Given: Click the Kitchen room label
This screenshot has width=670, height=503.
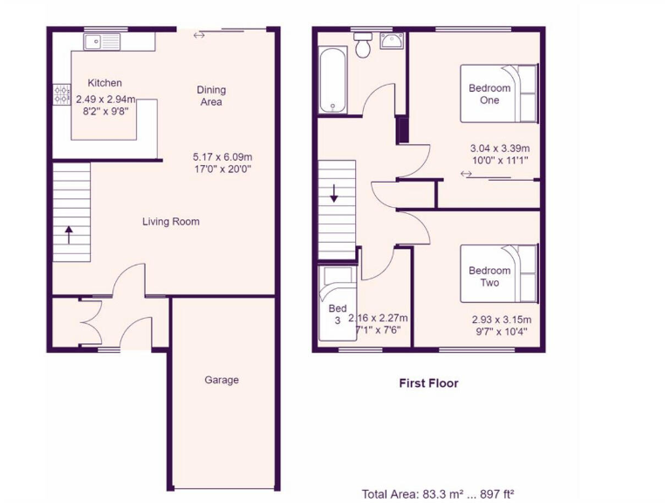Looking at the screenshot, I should [x=105, y=83].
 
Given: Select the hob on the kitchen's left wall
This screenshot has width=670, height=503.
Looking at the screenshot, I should [x=62, y=94].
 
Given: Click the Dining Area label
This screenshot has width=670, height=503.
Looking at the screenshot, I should [x=211, y=95].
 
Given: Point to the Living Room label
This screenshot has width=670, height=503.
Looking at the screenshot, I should [x=171, y=222].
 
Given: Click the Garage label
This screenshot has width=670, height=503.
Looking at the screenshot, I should [x=222, y=380].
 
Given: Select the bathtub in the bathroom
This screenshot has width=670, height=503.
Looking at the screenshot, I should [x=333, y=80].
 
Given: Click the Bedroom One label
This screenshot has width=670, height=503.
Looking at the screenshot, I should [x=489, y=94].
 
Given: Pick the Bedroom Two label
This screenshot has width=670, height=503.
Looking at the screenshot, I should [x=489, y=277].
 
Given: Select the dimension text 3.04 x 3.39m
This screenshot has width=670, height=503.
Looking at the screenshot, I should [x=500, y=148].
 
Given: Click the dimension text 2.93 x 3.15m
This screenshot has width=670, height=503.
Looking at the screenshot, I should [x=501, y=320].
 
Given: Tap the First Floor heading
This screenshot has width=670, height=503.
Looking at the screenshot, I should [x=428, y=382].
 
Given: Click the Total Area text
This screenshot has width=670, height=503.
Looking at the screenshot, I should [x=444, y=493].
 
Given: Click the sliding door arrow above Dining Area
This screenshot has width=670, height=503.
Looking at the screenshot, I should [x=200, y=36].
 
